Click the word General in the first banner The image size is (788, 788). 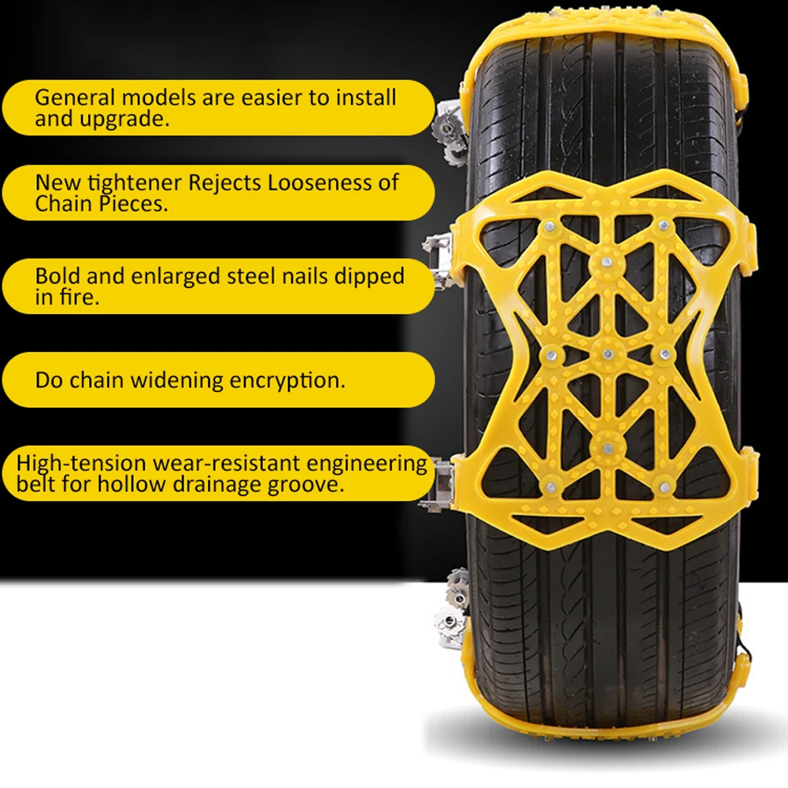75,98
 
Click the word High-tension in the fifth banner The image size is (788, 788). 80,464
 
